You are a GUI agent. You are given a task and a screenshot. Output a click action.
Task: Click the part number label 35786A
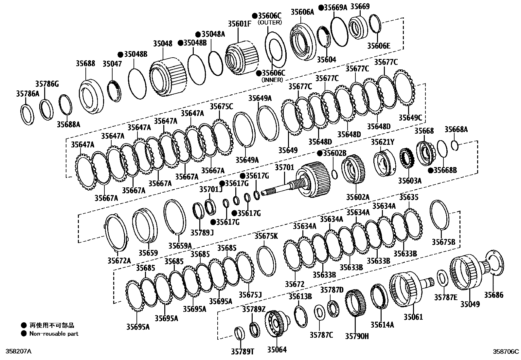(x=27, y=94)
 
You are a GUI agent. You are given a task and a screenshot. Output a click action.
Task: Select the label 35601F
(x=240, y=24)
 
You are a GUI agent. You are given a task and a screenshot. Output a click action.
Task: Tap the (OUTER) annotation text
(x=269, y=23)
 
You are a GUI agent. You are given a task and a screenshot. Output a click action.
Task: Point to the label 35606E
(x=379, y=46)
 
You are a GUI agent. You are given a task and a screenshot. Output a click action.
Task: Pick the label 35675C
(x=221, y=106)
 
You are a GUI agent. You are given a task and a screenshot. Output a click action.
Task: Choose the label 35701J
(x=211, y=189)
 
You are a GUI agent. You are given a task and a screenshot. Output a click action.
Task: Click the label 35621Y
(x=383, y=142)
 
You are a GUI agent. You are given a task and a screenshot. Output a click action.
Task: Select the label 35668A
(x=456, y=130)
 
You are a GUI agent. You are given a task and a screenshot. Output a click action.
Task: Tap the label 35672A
(x=119, y=260)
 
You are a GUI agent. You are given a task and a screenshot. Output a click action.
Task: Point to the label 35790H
(x=357, y=336)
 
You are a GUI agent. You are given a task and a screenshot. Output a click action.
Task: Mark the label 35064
(x=277, y=350)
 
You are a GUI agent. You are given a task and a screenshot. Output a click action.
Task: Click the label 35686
(x=494, y=295)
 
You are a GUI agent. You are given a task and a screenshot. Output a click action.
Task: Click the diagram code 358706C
(x=506, y=351)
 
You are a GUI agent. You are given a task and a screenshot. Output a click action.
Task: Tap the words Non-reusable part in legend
(x=54, y=334)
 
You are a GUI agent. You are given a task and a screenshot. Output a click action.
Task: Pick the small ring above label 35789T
(x=240, y=333)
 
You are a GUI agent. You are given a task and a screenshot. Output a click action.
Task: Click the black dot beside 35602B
(x=320, y=153)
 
